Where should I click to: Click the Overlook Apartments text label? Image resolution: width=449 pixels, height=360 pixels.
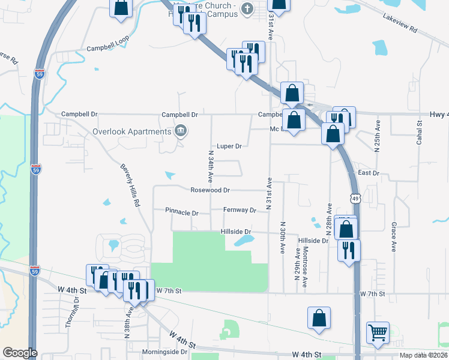[x=131, y=131]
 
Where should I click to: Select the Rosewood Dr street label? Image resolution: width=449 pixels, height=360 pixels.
[x=210, y=190]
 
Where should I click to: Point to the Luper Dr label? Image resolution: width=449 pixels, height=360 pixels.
[x=229, y=146]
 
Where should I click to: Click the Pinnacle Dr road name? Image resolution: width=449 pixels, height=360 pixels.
[x=182, y=212]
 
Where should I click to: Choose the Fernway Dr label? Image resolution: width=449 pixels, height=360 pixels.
[x=240, y=210]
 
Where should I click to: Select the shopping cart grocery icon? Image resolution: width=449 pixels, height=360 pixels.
[x=378, y=332]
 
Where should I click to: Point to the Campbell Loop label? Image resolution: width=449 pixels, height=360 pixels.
[x=107, y=49]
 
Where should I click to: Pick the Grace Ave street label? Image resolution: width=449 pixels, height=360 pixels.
[x=394, y=236]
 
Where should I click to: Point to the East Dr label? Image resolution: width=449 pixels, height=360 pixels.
[x=369, y=173]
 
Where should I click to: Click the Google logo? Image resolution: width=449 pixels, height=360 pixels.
[x=20, y=352]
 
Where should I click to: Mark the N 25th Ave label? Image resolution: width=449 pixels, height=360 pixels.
[x=378, y=137]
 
